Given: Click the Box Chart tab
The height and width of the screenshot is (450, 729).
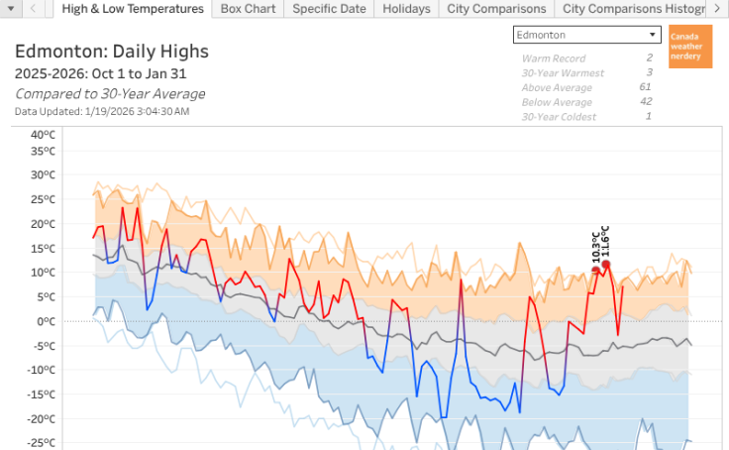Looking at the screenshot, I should [248, 9].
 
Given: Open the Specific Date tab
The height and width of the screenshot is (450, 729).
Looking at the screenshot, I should [329, 9].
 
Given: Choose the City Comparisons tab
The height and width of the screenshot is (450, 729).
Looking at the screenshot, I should [496, 9].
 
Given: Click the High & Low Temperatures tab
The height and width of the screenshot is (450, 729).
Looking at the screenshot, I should [133, 9].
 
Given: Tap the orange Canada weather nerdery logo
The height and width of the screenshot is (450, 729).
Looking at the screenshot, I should [690, 47].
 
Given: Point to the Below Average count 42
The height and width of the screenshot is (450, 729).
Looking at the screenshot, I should [646, 101].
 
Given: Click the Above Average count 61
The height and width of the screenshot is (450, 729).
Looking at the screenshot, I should [646, 87].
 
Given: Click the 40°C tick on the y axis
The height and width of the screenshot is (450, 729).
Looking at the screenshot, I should [43, 135].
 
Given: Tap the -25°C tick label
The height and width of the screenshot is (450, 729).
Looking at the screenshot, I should [43, 443].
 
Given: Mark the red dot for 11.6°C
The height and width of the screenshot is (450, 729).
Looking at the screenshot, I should [606, 264].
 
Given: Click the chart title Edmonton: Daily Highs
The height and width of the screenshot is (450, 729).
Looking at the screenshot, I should [111, 52].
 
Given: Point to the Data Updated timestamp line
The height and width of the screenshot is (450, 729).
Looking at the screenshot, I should [102, 111].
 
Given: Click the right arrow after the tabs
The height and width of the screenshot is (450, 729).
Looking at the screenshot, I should [716, 9].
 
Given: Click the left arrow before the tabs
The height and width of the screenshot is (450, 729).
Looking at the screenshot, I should [33, 9].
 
